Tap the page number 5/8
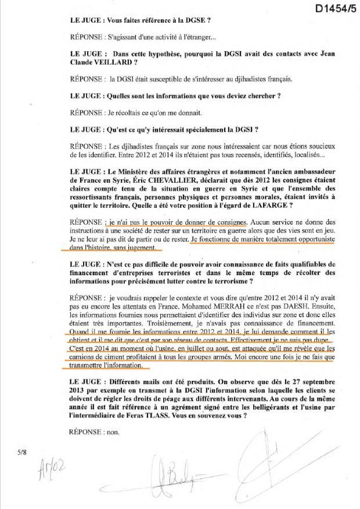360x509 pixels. (23, 452)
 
